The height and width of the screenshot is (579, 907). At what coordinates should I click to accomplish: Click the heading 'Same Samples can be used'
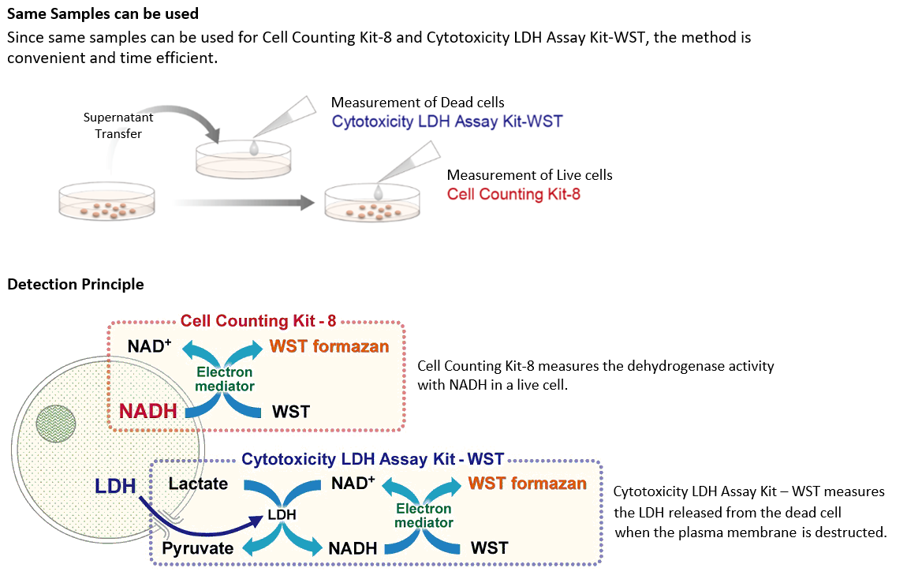point(103,13)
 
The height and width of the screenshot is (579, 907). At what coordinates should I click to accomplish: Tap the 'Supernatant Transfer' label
point(118,125)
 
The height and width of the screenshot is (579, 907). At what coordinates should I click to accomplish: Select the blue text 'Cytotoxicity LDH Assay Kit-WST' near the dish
point(447,121)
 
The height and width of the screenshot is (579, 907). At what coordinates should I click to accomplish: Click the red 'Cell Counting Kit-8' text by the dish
point(513,194)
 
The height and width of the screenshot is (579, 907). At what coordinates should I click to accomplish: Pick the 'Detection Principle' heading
point(76,284)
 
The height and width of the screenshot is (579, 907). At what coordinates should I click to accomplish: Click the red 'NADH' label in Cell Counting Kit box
point(147,410)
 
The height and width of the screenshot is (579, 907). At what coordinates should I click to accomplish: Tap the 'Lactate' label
point(198,484)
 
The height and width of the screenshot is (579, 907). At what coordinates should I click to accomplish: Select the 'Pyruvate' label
point(197,548)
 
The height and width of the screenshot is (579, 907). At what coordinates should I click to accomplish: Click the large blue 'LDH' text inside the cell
point(116,486)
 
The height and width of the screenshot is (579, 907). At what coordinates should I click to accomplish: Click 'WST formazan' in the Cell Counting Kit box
point(329,346)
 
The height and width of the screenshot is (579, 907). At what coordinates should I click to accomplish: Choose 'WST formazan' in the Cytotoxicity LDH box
point(527,483)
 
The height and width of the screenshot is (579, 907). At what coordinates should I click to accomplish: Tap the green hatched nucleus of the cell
point(56,420)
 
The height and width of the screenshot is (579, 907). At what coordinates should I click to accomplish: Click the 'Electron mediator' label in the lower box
point(424,516)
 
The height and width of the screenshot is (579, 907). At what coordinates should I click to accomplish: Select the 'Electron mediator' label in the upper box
point(225,379)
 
